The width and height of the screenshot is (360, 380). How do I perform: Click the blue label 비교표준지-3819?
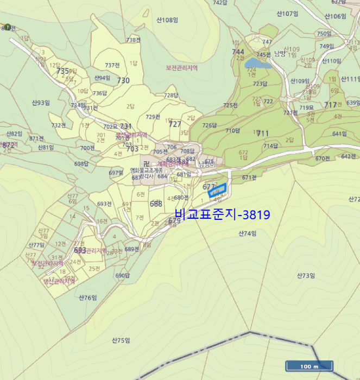(223, 215)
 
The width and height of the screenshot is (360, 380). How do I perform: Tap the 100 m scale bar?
(308, 366)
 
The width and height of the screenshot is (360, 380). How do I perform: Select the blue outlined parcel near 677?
(217, 191)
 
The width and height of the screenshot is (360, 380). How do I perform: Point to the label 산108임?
(167, 20)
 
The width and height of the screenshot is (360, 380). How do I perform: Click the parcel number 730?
(123, 80)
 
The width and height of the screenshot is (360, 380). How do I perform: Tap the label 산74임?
(247, 233)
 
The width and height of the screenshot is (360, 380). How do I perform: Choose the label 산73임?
(306, 276)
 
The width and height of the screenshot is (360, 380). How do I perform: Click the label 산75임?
(121, 340)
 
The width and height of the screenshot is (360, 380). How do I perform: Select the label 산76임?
(87, 297)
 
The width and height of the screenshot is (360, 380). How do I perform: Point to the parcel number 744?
(238, 52)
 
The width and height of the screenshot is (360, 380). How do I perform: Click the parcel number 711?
(263, 133)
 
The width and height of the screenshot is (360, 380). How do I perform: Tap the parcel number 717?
(330, 105)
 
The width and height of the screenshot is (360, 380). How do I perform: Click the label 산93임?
(41, 102)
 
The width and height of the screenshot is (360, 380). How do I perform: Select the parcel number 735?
(62, 71)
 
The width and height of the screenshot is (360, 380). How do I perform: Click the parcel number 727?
(175, 124)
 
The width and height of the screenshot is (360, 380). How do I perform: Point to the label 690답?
(123, 276)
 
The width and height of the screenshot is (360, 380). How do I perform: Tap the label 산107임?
(288, 13)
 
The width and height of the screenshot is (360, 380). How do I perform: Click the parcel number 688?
(156, 204)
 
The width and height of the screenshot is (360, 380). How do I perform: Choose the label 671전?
(249, 178)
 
